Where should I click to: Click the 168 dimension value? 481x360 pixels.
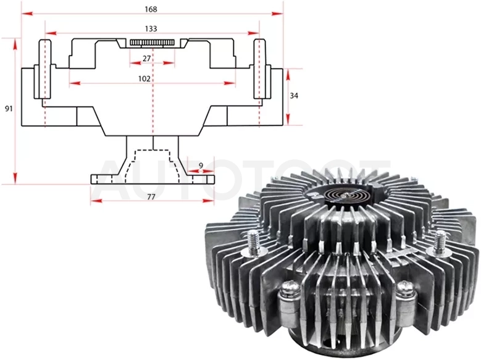[151, 9]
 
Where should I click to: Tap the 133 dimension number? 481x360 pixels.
[151, 29]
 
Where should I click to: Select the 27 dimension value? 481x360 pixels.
[147, 58]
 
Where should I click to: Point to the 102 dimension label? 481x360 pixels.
[144, 79]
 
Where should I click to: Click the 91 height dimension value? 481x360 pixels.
[9, 108]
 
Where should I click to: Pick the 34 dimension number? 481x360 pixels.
[294, 96]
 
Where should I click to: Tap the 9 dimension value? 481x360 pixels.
[201, 165]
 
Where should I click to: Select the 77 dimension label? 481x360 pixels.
[151, 197]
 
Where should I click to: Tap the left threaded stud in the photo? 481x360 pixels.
[254, 241]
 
